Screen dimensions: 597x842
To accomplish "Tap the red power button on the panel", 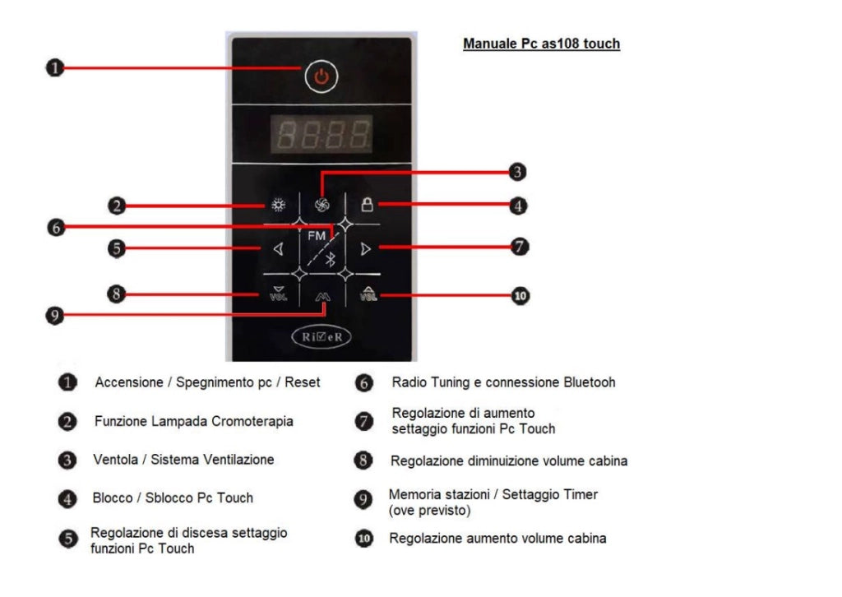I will (322, 76).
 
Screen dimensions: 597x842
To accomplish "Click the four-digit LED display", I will (322, 134).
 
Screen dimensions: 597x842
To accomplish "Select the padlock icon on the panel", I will (367, 205).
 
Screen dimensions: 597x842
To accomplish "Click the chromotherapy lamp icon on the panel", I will (278, 206).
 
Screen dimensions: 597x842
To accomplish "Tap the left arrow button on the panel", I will (278, 249).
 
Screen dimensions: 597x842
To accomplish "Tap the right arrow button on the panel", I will (366, 249).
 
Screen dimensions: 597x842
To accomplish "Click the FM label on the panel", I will (316, 235).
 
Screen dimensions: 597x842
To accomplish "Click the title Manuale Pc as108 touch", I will (541, 44).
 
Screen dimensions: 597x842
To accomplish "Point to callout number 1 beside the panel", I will (53, 68).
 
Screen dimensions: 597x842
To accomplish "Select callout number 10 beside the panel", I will (520, 295).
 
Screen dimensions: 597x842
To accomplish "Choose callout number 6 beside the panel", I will (54, 227).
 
